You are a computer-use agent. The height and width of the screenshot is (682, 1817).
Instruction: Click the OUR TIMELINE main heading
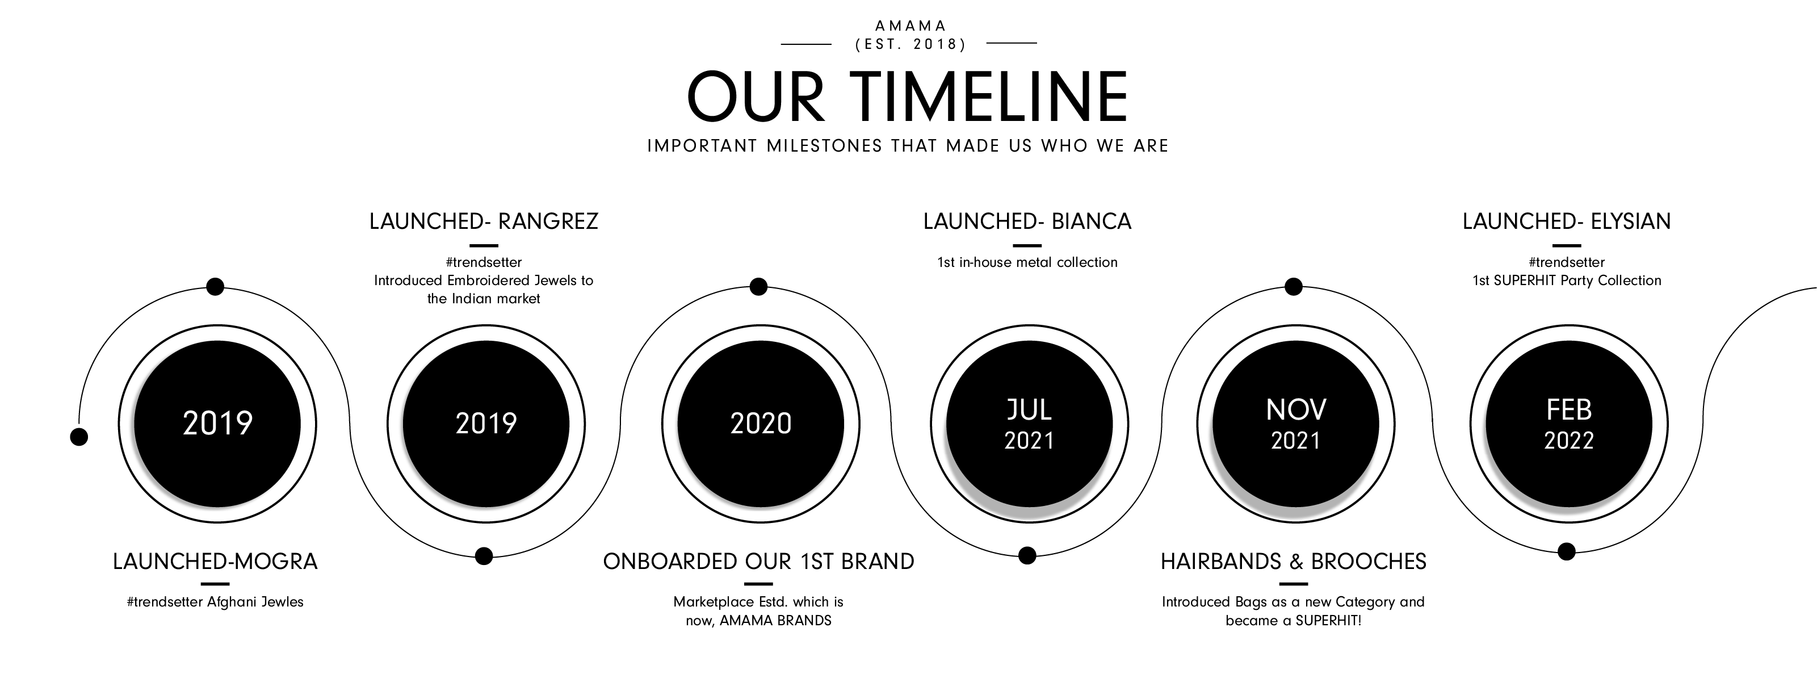click(x=908, y=96)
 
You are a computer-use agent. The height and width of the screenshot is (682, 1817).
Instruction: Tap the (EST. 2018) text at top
click(x=910, y=44)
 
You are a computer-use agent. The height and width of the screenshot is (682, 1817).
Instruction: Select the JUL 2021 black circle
click(x=1029, y=424)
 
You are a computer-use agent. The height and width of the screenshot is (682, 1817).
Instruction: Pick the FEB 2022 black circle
click(x=1569, y=424)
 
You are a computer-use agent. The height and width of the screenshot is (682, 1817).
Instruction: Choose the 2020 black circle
click(x=761, y=424)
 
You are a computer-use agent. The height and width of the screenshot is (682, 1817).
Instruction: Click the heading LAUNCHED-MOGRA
click(x=215, y=562)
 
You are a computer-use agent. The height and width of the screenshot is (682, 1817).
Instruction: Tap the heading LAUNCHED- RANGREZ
click(x=484, y=221)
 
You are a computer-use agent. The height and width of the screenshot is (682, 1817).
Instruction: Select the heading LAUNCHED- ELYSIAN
click(x=1567, y=221)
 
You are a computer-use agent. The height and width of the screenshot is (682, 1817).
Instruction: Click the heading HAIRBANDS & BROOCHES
click(x=1294, y=562)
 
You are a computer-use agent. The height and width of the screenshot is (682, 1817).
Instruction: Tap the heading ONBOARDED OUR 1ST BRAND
click(x=758, y=562)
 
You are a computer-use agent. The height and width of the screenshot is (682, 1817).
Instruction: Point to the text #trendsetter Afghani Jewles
click(x=215, y=601)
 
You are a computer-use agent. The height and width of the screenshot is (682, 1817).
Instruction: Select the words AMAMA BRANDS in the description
click(x=775, y=621)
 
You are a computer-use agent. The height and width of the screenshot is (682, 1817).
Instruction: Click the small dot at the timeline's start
click(x=79, y=437)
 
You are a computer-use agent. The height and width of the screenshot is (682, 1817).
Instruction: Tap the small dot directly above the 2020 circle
click(x=758, y=286)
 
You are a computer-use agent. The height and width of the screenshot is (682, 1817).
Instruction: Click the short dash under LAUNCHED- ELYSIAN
click(x=1567, y=245)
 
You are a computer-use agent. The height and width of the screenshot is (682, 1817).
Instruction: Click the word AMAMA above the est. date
click(x=910, y=26)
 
